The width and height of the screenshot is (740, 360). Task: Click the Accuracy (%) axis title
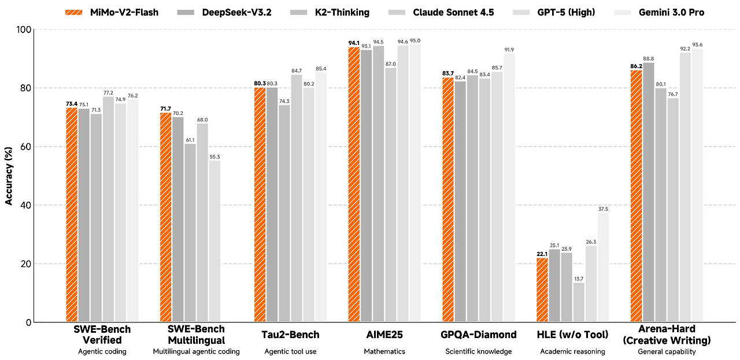click(x=9, y=176)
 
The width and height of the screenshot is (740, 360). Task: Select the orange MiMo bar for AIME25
click(x=354, y=184)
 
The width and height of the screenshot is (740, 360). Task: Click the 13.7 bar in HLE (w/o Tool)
click(x=579, y=302)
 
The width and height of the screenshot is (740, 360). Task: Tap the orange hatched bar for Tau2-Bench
click(x=260, y=205)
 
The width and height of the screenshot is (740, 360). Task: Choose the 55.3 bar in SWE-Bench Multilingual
click(x=214, y=241)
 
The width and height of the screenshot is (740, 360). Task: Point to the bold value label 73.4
click(x=72, y=104)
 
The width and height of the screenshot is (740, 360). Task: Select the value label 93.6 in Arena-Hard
click(x=697, y=44)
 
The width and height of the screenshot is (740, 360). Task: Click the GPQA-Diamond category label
click(x=479, y=335)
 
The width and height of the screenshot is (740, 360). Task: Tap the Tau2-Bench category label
click(x=290, y=335)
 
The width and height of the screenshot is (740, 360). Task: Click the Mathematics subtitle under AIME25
click(x=384, y=351)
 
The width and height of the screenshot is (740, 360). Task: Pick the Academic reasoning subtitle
click(x=572, y=351)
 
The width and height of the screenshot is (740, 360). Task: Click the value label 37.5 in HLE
click(x=604, y=209)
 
